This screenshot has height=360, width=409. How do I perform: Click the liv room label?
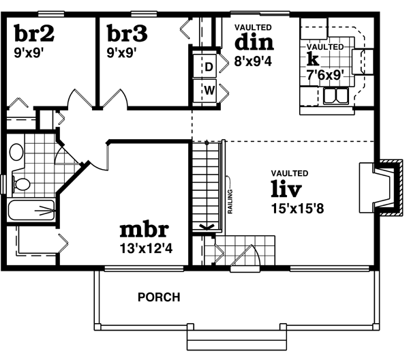coord(286,187)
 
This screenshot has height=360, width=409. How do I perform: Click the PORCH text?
coord(159,297)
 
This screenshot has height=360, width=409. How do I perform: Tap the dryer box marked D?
coord(209,67)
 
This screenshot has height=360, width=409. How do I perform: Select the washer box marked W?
coord(209,90)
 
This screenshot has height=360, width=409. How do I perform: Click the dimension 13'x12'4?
coord(145,248)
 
